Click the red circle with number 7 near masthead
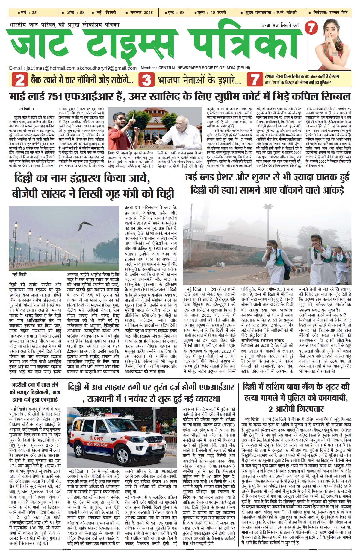311,28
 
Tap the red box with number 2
19,80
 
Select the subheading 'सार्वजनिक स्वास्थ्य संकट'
262,340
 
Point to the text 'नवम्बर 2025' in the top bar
141,13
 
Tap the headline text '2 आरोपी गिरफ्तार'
297,409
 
